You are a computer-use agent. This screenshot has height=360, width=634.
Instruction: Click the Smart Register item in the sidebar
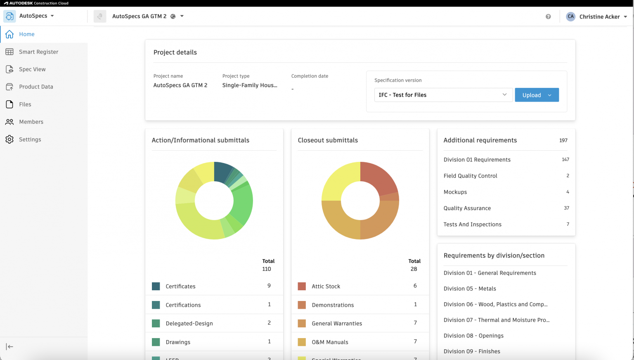38,52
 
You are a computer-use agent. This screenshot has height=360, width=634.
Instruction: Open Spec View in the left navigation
32,69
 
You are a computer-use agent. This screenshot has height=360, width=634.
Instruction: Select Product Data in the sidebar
36,87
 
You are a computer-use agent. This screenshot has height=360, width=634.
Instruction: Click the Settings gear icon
9,140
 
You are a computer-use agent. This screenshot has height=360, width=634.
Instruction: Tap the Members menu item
31,122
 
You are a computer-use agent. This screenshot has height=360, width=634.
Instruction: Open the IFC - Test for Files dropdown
443,95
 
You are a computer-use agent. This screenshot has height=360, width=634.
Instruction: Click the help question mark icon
548,17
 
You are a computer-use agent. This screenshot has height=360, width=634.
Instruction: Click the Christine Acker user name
599,17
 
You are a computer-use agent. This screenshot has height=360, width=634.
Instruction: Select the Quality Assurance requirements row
467,208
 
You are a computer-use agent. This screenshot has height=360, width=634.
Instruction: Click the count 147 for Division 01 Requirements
565,160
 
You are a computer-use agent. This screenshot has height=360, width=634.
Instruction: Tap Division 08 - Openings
473,336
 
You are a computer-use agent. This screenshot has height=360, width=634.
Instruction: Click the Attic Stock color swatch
302,287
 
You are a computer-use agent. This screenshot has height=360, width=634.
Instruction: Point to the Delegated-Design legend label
189,324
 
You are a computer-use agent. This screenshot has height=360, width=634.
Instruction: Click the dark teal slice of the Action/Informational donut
223,171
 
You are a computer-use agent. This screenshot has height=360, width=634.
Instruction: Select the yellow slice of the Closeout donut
341,180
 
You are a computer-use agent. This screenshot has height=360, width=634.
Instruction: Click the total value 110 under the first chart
267,269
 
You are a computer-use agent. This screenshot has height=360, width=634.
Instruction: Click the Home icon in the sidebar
9,34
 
